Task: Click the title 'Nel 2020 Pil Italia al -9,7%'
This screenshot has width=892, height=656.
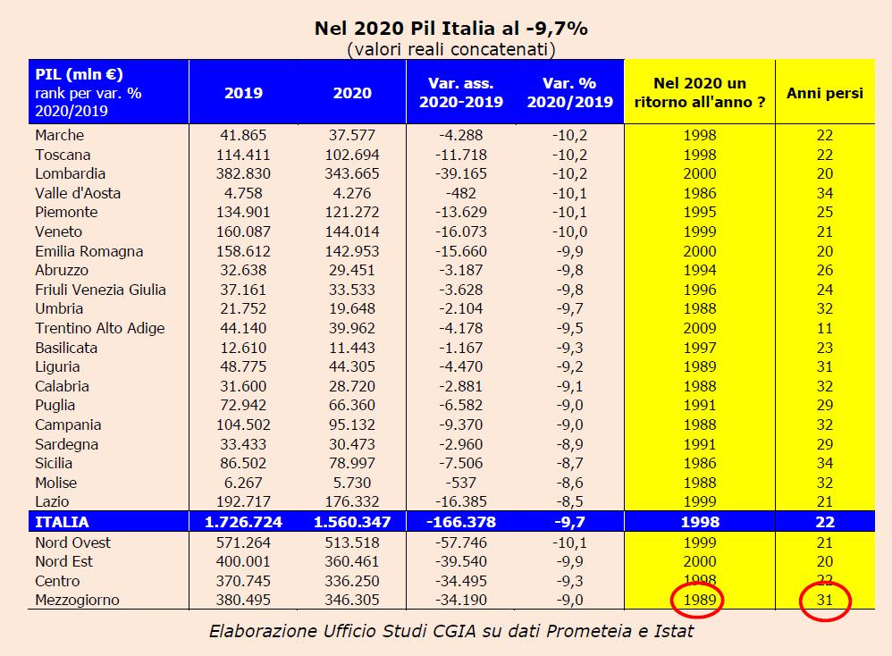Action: coord(450,28)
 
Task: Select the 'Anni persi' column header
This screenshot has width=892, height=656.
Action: coord(824,92)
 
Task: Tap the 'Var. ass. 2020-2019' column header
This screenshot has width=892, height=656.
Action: coord(461,92)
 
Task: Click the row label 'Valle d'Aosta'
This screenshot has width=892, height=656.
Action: coord(78,193)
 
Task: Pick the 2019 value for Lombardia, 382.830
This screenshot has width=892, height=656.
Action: coord(243,173)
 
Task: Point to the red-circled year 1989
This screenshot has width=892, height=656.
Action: coord(698,601)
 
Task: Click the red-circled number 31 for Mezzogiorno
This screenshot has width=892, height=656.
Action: coord(824,601)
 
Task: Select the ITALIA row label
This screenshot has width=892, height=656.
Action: coord(63,522)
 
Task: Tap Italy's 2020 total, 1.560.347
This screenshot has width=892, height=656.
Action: coord(352,522)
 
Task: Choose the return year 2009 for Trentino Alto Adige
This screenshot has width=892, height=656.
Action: coord(698,328)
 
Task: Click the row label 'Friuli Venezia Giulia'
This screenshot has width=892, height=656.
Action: coord(100,290)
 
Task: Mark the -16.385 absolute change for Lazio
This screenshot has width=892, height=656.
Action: coord(461,502)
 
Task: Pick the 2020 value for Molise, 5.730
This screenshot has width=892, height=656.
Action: coord(352,483)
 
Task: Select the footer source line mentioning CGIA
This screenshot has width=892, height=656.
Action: coord(450,632)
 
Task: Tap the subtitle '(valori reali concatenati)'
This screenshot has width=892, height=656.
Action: coord(450,48)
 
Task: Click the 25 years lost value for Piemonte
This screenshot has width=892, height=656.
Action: coord(824,212)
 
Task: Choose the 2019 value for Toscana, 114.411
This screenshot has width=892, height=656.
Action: coord(243,154)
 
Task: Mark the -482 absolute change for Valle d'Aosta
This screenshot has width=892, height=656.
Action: coord(461,193)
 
